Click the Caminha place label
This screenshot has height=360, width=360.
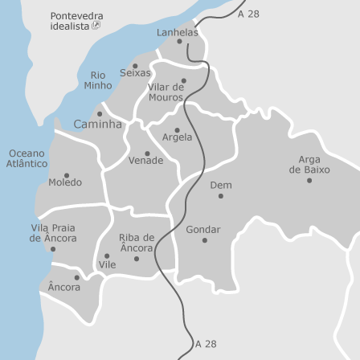pos(97,125)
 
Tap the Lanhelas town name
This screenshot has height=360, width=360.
pos(177,32)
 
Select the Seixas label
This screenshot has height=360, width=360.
pos(135,72)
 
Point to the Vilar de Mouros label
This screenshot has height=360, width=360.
pos(166,92)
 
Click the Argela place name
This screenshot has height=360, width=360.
pos(178,137)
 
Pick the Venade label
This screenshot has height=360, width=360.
pos(145,161)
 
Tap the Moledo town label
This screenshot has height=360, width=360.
pos(65,182)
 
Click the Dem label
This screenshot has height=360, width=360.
pos(221,185)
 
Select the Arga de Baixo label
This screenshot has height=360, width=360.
pos(309,165)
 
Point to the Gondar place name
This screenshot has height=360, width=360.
pos(202,229)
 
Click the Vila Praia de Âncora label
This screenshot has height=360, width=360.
pos(53,233)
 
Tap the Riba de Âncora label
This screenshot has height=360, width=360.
pos(136,243)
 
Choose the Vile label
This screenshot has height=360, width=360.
pos(108,264)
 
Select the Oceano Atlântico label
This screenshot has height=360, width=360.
pos(27,157)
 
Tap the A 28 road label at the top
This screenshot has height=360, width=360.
pos(248,14)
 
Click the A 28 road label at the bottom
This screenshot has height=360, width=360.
pos(206,344)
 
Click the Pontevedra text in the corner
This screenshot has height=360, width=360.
pos(76,15)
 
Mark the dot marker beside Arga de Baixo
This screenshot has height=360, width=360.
pos(309,181)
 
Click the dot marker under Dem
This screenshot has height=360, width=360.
pos(221,196)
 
